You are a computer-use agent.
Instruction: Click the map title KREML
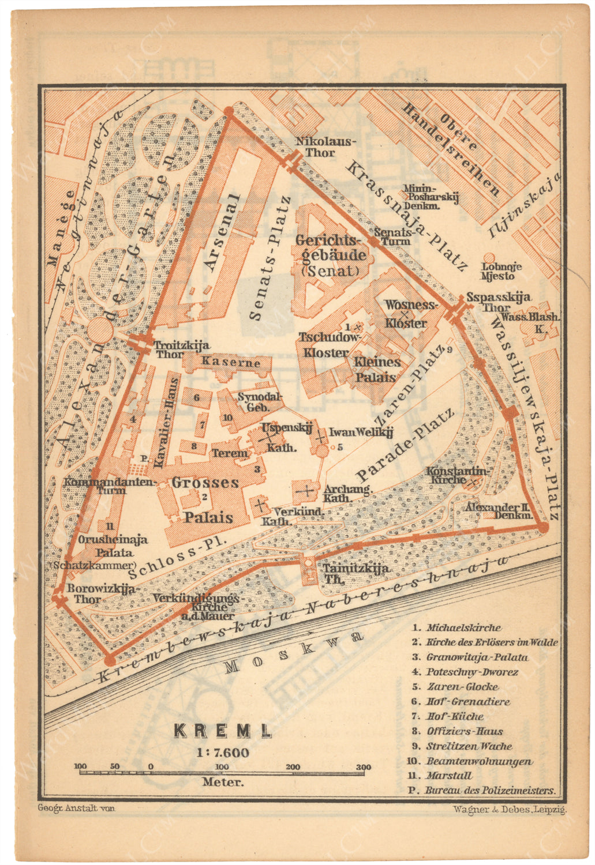click(x=223, y=731)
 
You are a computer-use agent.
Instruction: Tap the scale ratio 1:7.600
click(x=223, y=753)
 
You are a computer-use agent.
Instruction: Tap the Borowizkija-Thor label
click(x=102, y=593)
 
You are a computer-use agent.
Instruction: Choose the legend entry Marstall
click(x=448, y=776)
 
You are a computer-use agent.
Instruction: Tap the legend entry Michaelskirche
click(x=463, y=627)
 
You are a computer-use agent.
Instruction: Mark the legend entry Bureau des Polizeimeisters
click(x=489, y=791)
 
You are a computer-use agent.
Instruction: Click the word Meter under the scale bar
click(x=223, y=783)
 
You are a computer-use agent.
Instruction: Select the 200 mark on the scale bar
click(x=293, y=767)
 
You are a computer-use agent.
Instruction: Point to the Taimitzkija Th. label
click(x=355, y=574)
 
